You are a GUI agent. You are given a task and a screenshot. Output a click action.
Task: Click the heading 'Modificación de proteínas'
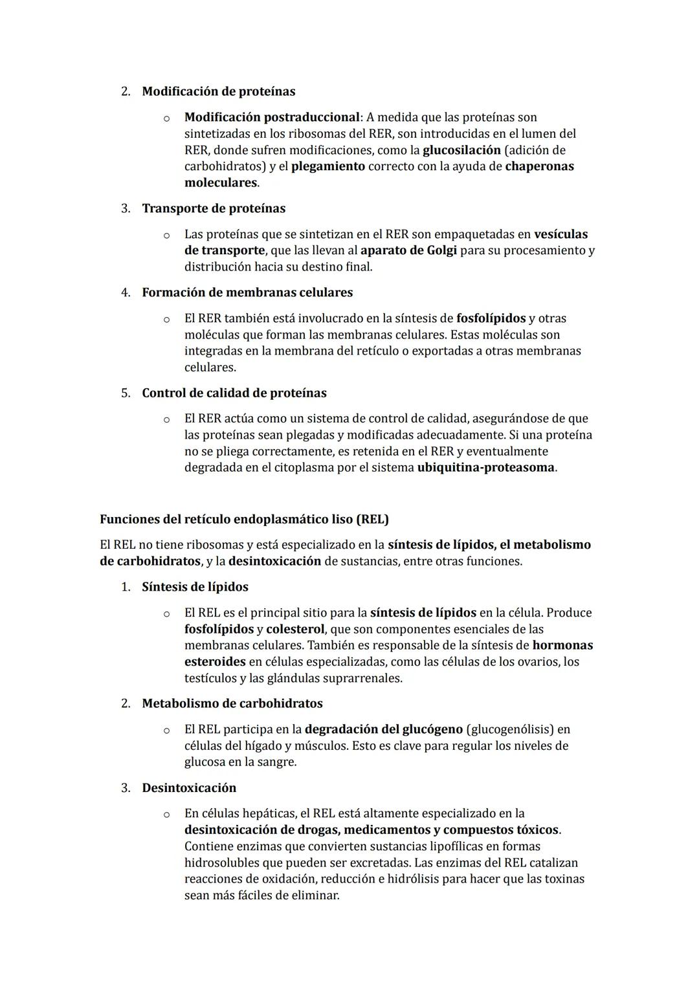[218, 91]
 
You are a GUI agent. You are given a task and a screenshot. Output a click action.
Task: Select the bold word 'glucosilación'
[461, 150]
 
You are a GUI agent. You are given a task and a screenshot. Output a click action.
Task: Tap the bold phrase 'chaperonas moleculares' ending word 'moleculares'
[221, 182]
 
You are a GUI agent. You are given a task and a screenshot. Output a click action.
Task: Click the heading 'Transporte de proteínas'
[214, 208]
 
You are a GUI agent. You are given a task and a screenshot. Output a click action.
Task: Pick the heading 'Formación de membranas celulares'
[247, 292]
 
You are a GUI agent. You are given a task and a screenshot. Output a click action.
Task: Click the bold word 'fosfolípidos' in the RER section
[491, 318]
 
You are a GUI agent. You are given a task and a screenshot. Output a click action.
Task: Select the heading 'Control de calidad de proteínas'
[234, 393]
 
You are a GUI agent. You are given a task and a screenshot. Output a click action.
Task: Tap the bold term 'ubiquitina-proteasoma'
[485, 467]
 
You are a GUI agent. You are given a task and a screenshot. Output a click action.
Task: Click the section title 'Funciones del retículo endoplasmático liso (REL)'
[244, 519]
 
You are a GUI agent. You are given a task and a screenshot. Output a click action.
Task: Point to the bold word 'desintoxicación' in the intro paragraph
[274, 561]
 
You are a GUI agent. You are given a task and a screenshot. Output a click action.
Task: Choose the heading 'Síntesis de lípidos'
[195, 587]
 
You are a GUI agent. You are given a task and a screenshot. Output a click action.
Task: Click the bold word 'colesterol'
[294, 629]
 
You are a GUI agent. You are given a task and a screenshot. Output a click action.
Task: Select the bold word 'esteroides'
[215, 662]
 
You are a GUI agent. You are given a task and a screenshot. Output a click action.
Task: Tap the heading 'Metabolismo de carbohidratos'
[232, 703]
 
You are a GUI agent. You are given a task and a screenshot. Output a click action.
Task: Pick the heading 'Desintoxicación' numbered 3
[189, 787]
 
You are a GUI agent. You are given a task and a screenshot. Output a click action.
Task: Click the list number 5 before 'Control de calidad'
[126, 393]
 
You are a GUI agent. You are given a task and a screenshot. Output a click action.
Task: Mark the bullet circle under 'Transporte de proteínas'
[166, 235]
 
